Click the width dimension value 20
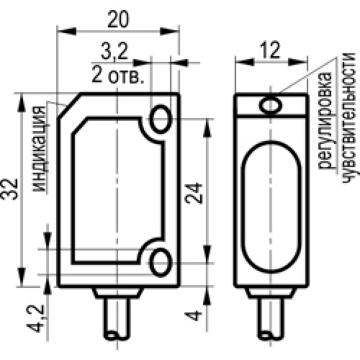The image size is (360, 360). point(118,19)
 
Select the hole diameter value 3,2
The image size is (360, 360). point(114,51)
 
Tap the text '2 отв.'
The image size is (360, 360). point(118,75)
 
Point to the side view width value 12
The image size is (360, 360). point(271,50)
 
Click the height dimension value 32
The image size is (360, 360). point(9,189)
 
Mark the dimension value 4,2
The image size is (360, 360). point(35,318)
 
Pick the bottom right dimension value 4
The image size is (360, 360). point(194,315)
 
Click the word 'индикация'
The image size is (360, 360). point(39,149)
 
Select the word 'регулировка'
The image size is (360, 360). point(325,120)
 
